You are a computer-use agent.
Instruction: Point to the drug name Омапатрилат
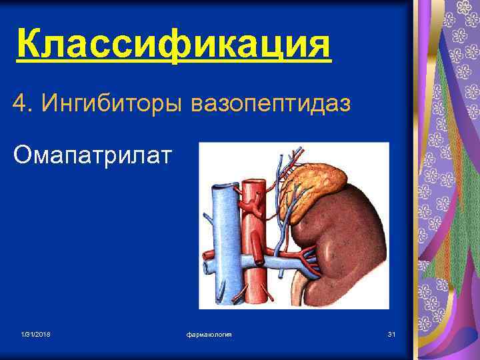point(93,155)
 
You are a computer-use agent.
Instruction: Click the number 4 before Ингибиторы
point(19,103)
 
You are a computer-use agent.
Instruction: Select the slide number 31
point(391,333)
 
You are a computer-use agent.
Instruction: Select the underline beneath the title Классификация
point(173,63)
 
